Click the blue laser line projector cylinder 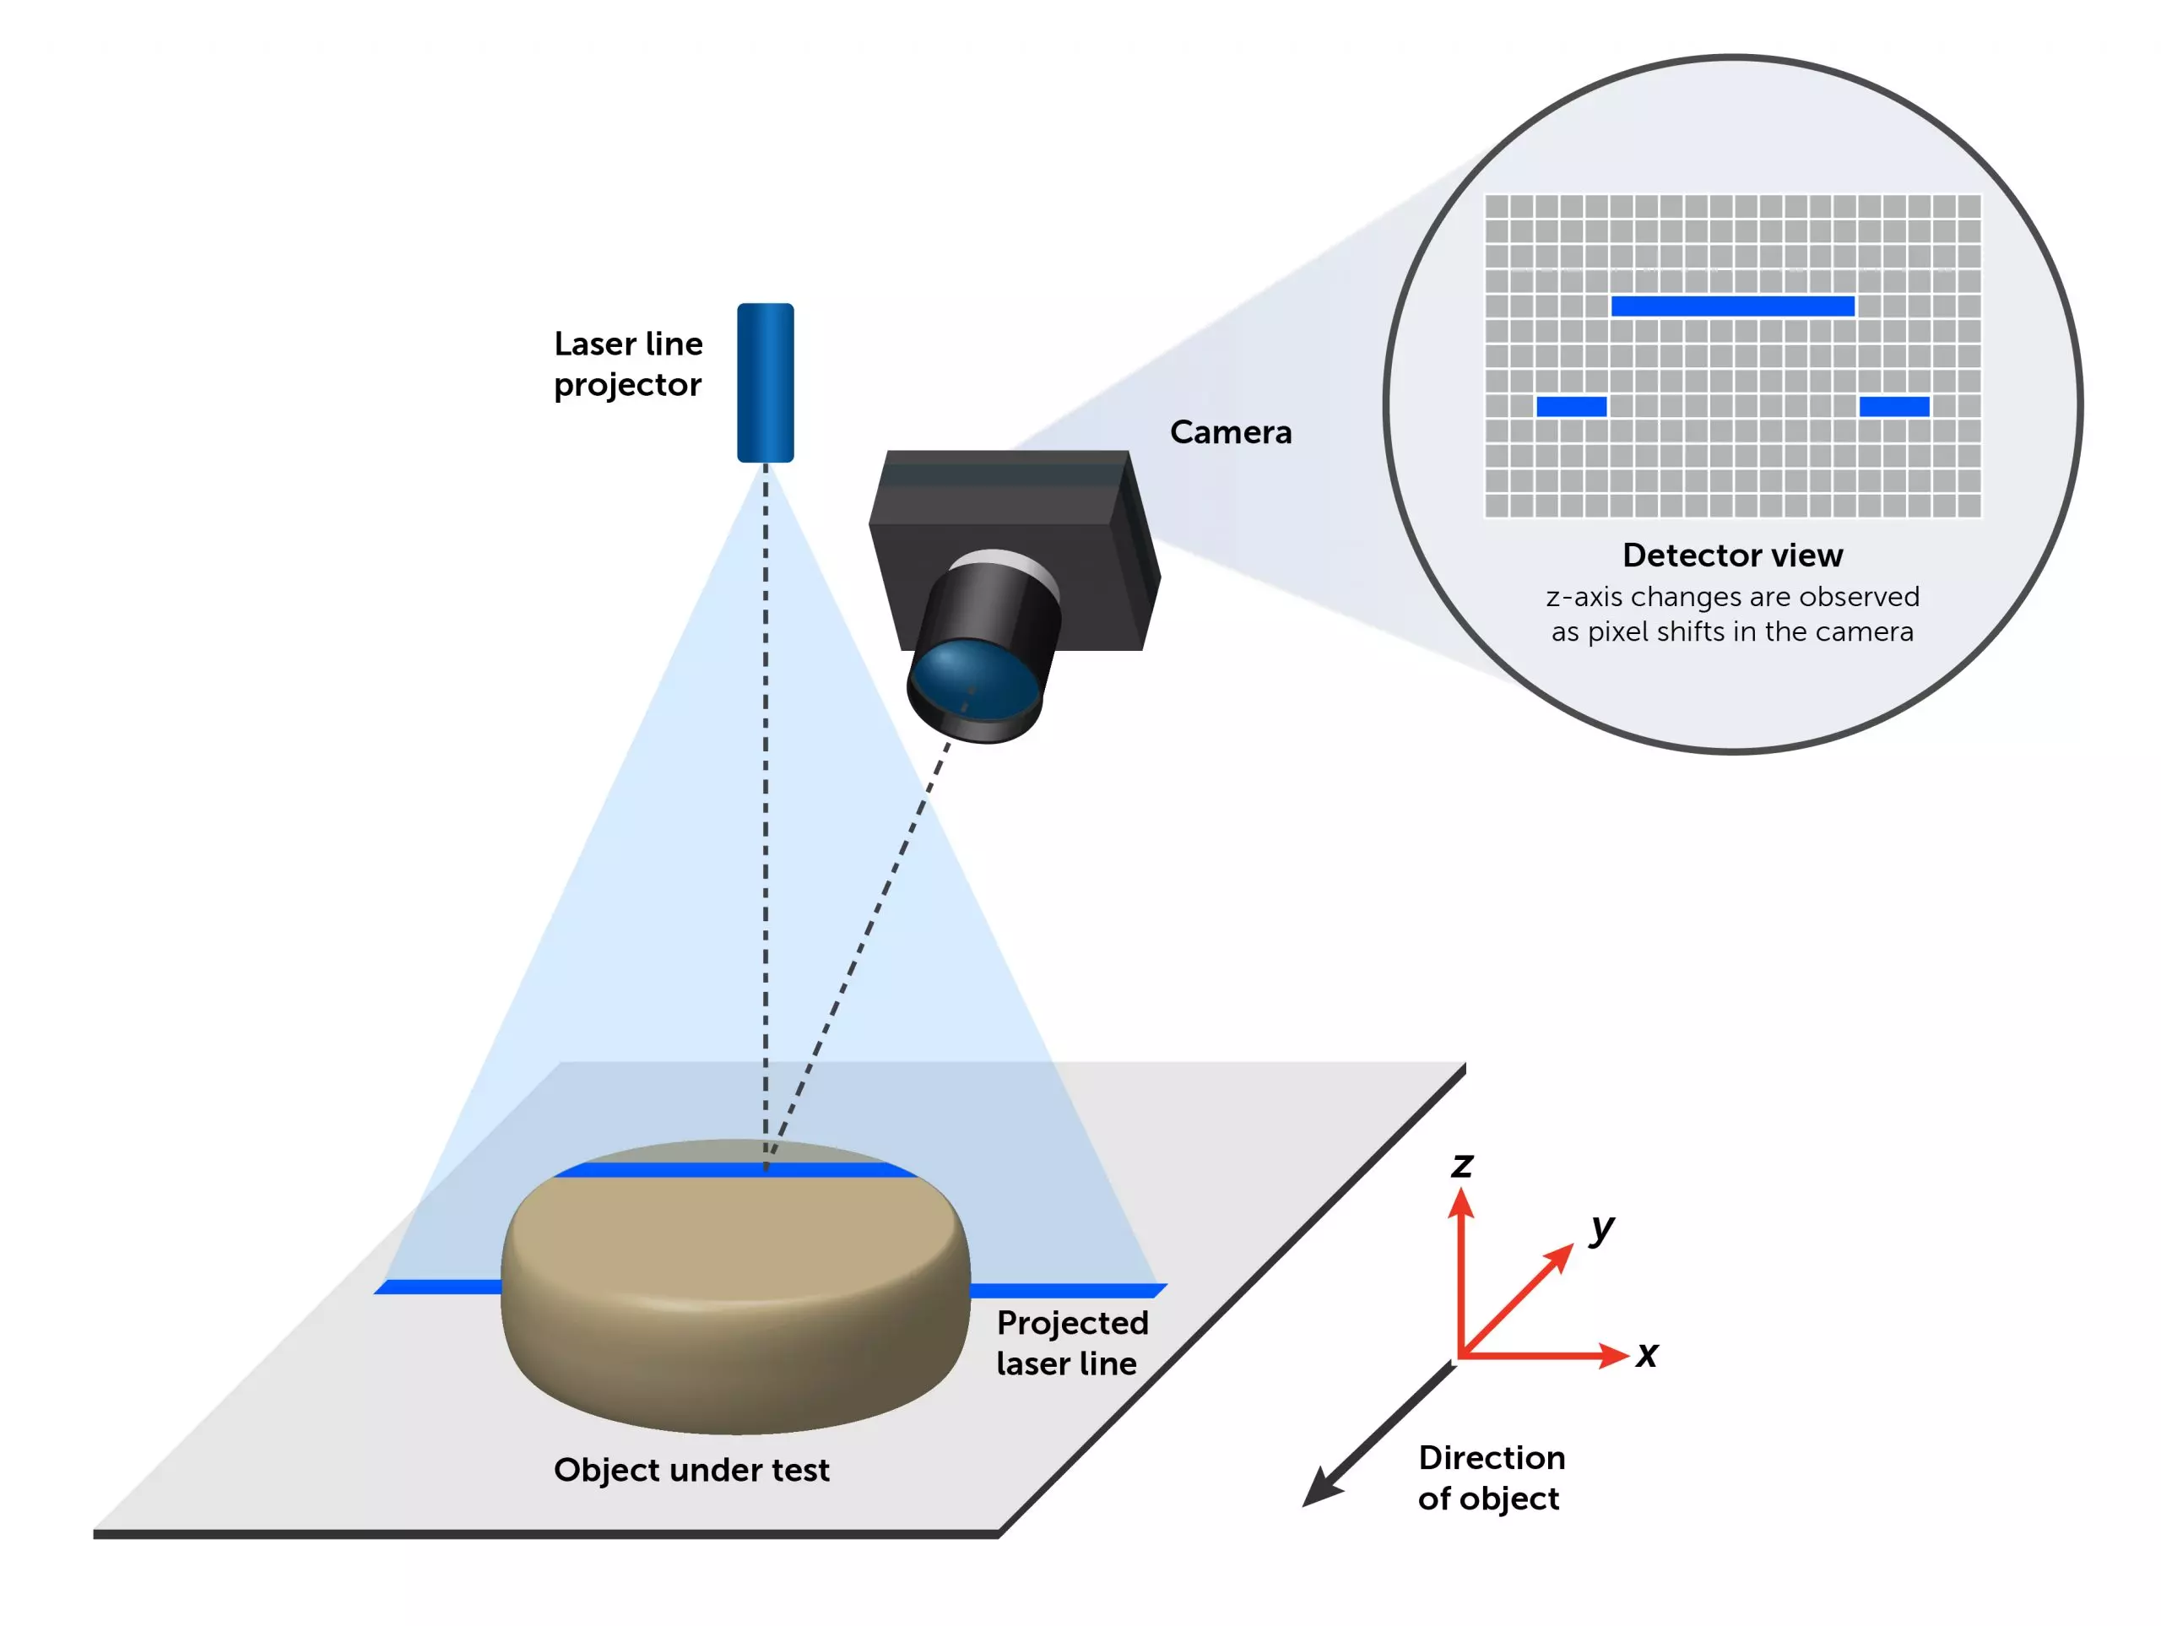coord(765,382)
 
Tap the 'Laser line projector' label coord(627,364)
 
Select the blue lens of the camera coord(973,677)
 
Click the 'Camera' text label coord(1230,432)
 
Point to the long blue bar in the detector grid coord(1732,306)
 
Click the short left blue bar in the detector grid coord(1571,407)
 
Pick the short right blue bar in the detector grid coord(1893,407)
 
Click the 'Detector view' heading coord(1732,555)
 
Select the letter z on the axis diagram coord(1461,1165)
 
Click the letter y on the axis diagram coord(1601,1228)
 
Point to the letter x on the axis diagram coord(1647,1354)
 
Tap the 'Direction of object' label coord(1491,1477)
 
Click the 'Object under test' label coord(691,1470)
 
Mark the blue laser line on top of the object coord(733,1169)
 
